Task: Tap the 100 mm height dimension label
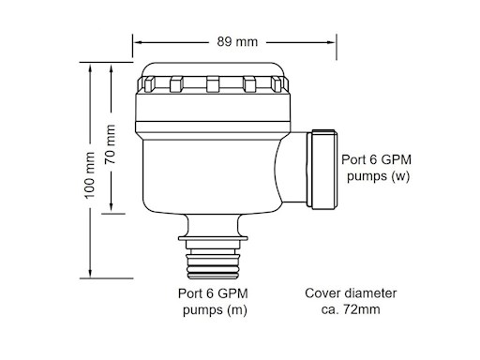[91, 175]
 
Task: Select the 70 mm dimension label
[112, 142]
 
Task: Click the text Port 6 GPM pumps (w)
[378, 167]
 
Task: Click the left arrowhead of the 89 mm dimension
[136, 41]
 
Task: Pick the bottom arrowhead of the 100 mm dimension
[91, 277]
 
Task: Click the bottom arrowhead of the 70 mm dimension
[112, 210]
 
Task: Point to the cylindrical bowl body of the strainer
[211, 169]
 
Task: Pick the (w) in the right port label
[401, 175]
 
